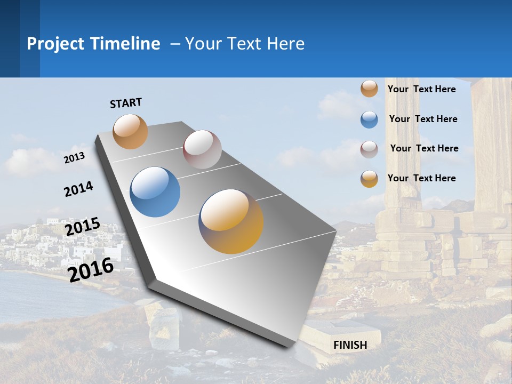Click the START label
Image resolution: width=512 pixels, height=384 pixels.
(126, 103)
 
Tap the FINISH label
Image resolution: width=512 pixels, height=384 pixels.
(350, 345)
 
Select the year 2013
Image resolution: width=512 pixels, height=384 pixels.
(74, 158)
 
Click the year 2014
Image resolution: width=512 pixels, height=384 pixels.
(78, 189)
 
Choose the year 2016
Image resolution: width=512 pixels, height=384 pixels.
(91, 270)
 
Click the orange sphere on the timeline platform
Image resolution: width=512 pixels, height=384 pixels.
(130, 131)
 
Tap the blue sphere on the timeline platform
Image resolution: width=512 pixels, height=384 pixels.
(155, 192)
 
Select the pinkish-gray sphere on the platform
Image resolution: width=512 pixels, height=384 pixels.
(202, 149)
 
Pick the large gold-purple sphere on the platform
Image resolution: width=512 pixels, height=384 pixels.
(231, 221)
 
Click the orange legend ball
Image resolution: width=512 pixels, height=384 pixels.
(369, 89)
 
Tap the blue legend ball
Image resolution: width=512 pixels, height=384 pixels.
(369, 119)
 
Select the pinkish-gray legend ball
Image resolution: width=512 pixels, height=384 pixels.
(369, 149)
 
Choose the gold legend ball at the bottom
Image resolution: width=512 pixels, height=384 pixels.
(369, 179)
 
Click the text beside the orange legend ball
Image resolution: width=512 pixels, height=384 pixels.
(421, 89)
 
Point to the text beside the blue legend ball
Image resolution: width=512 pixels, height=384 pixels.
(423, 119)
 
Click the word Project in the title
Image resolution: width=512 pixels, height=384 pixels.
(56, 44)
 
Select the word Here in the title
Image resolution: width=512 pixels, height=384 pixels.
(286, 44)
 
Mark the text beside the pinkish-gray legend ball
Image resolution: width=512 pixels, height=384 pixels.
(424, 148)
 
